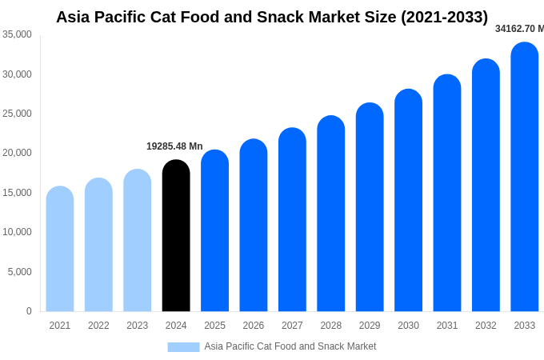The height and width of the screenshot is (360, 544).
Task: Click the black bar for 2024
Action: coord(176,236)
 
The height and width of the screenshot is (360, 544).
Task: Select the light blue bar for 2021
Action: coord(60,249)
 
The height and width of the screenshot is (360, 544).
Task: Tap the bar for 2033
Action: coord(524,177)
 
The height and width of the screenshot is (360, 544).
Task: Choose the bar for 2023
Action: coord(138,240)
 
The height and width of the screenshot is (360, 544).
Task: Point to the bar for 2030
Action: coord(408,200)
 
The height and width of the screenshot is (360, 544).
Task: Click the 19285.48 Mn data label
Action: coord(174,146)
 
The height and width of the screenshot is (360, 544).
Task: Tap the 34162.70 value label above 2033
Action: coord(518,29)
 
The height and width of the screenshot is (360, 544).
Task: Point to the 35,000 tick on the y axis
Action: coord(18,34)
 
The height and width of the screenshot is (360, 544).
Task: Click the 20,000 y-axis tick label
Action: coord(18,153)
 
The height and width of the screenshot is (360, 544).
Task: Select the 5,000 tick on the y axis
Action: coord(20,272)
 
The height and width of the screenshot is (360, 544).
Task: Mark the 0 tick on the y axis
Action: coord(29,311)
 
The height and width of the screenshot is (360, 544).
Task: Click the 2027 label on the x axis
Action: coord(292,326)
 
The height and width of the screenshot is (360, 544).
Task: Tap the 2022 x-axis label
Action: coord(98,326)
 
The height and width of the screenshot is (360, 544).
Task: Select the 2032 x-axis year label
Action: coord(486,326)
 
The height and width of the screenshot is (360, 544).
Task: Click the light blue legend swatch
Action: coord(183,347)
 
